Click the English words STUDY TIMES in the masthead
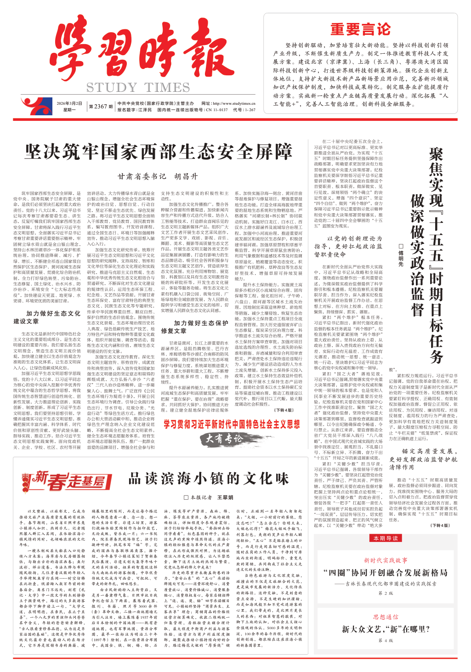[x=137, y=87]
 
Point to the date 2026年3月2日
[x=69, y=104]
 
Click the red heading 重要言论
[x=360, y=30]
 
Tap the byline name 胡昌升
[x=186, y=176]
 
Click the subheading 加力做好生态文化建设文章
[x=53, y=317]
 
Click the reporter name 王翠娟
[x=225, y=497]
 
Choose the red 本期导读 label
[x=386, y=538]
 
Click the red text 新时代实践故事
[x=386, y=560]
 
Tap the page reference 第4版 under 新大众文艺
[x=386, y=640]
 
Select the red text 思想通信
[x=386, y=617]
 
